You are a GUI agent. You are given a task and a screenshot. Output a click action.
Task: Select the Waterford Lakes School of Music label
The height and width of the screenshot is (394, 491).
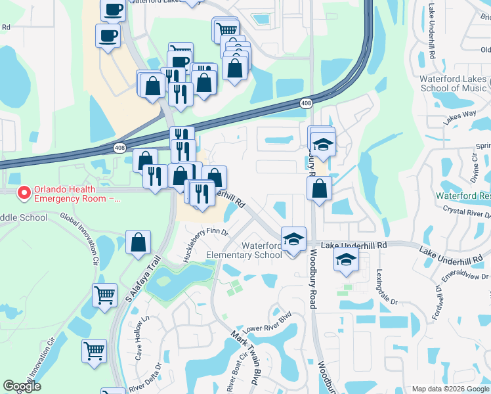point(453,83)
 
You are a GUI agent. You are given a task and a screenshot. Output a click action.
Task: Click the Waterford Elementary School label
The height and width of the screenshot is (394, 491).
point(244,250)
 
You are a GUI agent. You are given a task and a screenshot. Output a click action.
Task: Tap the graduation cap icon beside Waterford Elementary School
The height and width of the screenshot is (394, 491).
point(293,238)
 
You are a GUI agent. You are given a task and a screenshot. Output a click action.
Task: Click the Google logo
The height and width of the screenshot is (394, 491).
point(22,386)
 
